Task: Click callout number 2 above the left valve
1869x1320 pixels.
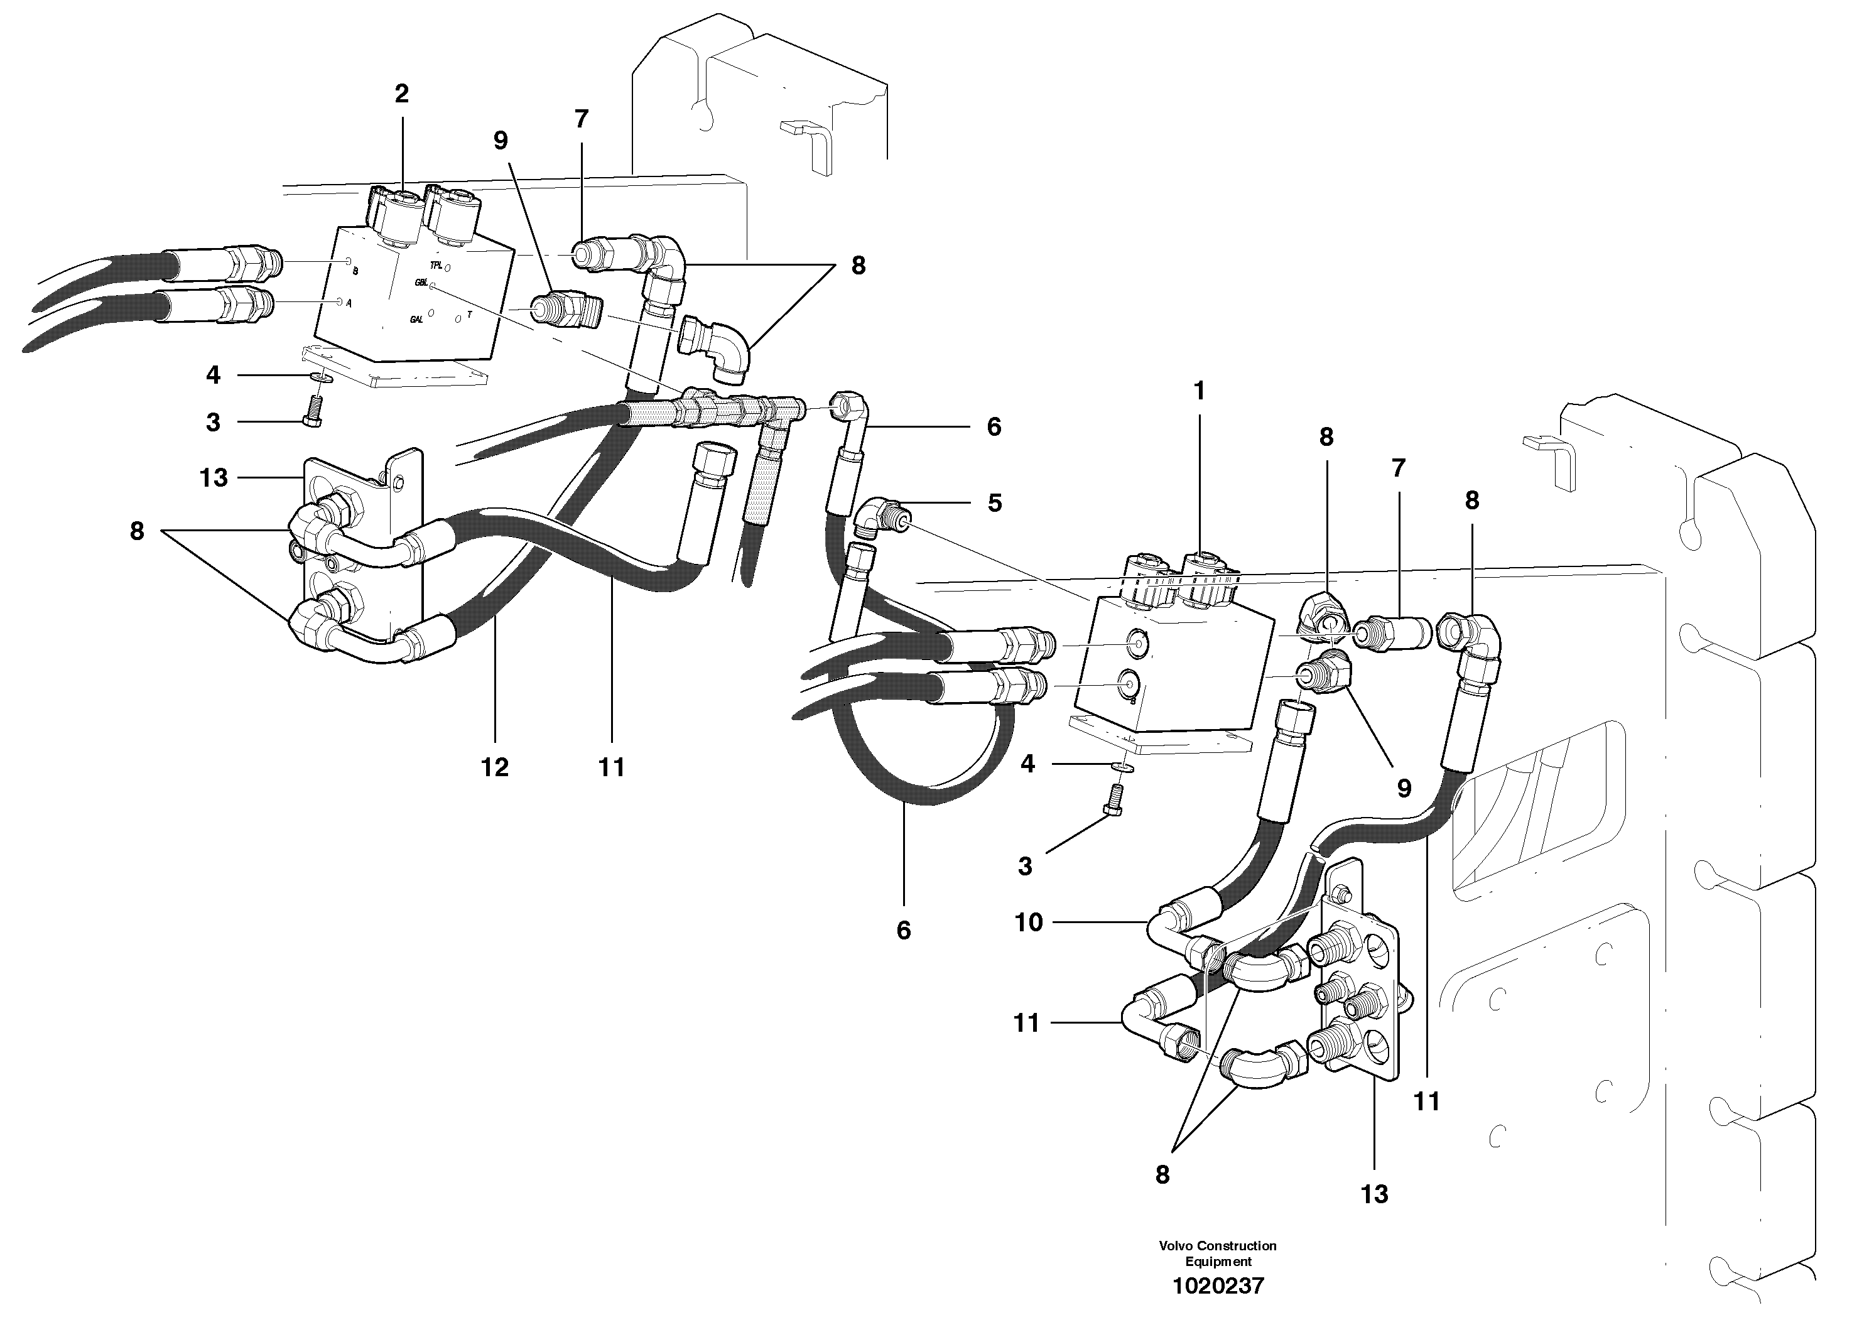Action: pos(401,94)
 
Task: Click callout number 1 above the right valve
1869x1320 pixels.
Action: pos(1199,391)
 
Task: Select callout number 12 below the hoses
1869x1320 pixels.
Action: pos(494,767)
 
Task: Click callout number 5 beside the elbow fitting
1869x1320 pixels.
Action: pos(994,503)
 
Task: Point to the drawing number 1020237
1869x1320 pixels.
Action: pos(1218,1286)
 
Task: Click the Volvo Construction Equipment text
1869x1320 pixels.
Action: pos(1218,1253)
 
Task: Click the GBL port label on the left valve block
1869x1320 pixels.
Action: pos(421,283)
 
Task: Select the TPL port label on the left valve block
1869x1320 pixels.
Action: pos(436,265)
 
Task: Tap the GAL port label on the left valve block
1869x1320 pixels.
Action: pos(417,320)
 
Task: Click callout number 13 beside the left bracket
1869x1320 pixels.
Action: pos(214,478)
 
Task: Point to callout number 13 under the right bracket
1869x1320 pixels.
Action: pos(1374,1194)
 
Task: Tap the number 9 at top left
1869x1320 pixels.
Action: pos(501,141)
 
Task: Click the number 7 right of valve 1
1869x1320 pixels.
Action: pos(1398,468)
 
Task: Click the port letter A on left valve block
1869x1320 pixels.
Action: pos(349,303)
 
